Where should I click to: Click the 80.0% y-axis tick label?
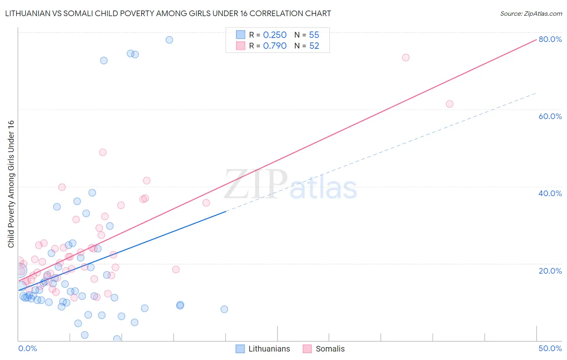coord(550,39)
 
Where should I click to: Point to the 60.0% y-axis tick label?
coord(550,116)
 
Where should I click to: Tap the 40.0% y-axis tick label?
coord(550,193)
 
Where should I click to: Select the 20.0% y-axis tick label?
coord(550,270)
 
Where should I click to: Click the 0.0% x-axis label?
coord(27,348)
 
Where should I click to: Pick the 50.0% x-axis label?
coord(550,348)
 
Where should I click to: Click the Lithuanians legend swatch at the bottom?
coord(240,349)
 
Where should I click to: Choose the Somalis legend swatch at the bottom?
coord(307,349)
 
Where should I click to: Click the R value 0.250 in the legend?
coord(275,35)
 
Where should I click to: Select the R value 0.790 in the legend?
coord(275,46)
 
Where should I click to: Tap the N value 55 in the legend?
coord(314,35)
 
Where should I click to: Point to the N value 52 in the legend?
coord(314,46)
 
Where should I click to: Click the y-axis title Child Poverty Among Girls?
coord(11,184)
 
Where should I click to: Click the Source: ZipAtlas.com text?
coord(531,14)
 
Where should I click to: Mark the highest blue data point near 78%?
coord(169,40)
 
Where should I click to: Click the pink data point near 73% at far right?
coord(406,57)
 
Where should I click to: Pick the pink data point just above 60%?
coord(450,104)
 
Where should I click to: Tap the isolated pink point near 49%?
coord(103,152)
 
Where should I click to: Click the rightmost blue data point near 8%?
coord(224,309)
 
